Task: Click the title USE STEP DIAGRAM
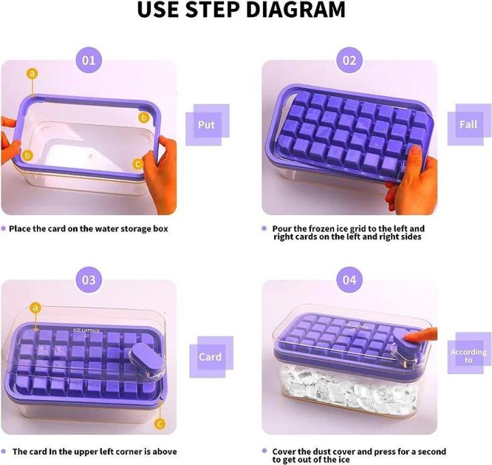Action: click(241, 11)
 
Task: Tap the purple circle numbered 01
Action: click(89, 60)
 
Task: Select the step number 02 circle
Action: click(349, 60)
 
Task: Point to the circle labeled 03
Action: click(89, 280)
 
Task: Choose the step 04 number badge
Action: click(349, 280)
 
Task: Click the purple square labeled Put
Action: click(206, 125)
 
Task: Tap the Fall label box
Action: click(468, 125)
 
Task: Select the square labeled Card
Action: click(209, 356)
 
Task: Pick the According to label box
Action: click(469, 356)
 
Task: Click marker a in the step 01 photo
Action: click(32, 73)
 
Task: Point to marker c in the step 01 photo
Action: click(137, 164)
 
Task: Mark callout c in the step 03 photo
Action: click(161, 423)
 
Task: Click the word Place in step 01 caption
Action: click(22, 228)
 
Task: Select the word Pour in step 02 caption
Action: click(284, 228)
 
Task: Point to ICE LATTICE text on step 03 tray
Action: click(87, 330)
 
